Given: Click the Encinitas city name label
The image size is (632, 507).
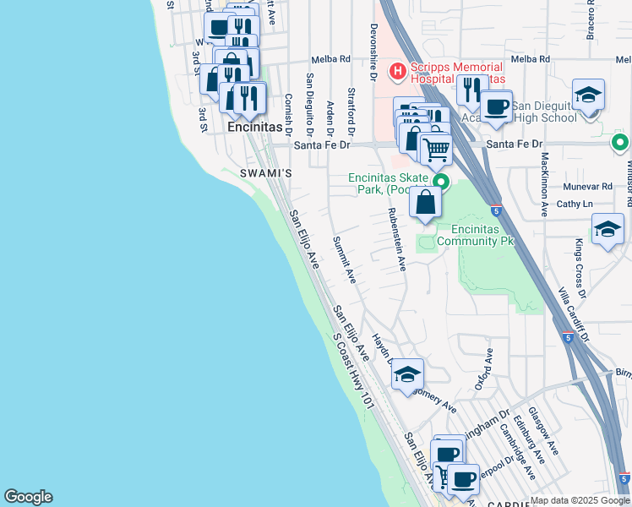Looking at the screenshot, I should (x=254, y=127).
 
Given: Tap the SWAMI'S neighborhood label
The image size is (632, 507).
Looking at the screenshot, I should (x=267, y=173).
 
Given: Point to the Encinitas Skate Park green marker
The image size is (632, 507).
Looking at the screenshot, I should (x=440, y=182).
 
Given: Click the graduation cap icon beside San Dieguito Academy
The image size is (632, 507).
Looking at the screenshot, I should (x=588, y=95).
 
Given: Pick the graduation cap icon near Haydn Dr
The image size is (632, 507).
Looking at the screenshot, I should (x=407, y=374).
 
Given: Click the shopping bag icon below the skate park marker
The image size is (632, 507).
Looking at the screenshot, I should (x=426, y=203).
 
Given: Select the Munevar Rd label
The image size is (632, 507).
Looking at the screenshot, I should (x=591, y=186).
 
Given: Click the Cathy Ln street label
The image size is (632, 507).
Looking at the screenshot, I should (x=575, y=204).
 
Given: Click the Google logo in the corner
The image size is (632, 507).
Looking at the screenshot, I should (x=28, y=497).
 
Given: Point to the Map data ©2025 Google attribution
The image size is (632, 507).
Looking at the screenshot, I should (x=580, y=500).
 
